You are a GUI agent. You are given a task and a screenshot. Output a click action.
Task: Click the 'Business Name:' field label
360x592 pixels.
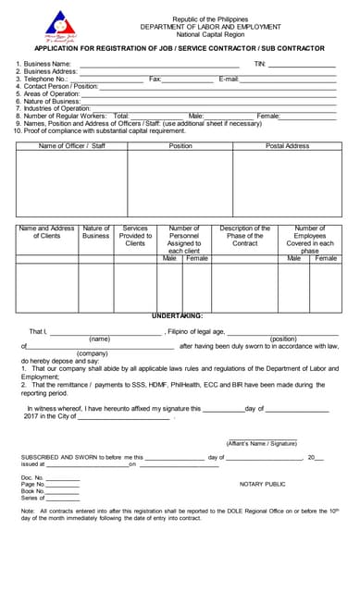(x=46, y=64)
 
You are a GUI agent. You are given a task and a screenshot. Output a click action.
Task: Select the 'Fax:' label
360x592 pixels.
(x=155, y=80)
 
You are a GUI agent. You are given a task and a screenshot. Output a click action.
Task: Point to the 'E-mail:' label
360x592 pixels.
(x=229, y=80)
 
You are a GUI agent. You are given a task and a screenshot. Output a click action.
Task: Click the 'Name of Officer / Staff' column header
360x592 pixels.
(x=72, y=146)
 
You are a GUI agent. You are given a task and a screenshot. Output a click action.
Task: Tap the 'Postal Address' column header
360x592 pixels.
(x=287, y=146)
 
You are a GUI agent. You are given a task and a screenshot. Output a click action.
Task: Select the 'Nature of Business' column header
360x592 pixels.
(x=95, y=232)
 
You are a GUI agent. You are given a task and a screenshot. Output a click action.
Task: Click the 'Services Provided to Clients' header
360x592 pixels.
(x=135, y=236)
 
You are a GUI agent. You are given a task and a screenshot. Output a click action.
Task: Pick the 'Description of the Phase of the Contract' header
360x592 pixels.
(x=245, y=236)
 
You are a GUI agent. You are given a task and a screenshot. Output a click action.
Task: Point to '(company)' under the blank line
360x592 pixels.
(x=92, y=353)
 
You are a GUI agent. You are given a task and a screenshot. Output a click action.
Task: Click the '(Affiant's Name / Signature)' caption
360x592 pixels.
(x=263, y=443)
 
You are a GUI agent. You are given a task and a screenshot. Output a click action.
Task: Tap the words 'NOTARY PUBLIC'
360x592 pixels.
(x=262, y=484)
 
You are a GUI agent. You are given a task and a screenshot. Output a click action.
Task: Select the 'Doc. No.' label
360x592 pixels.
(x=32, y=477)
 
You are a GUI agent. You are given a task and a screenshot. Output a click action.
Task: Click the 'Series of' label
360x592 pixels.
(x=32, y=498)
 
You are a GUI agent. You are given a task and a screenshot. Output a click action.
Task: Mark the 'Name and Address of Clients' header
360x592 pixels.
(x=46, y=232)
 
